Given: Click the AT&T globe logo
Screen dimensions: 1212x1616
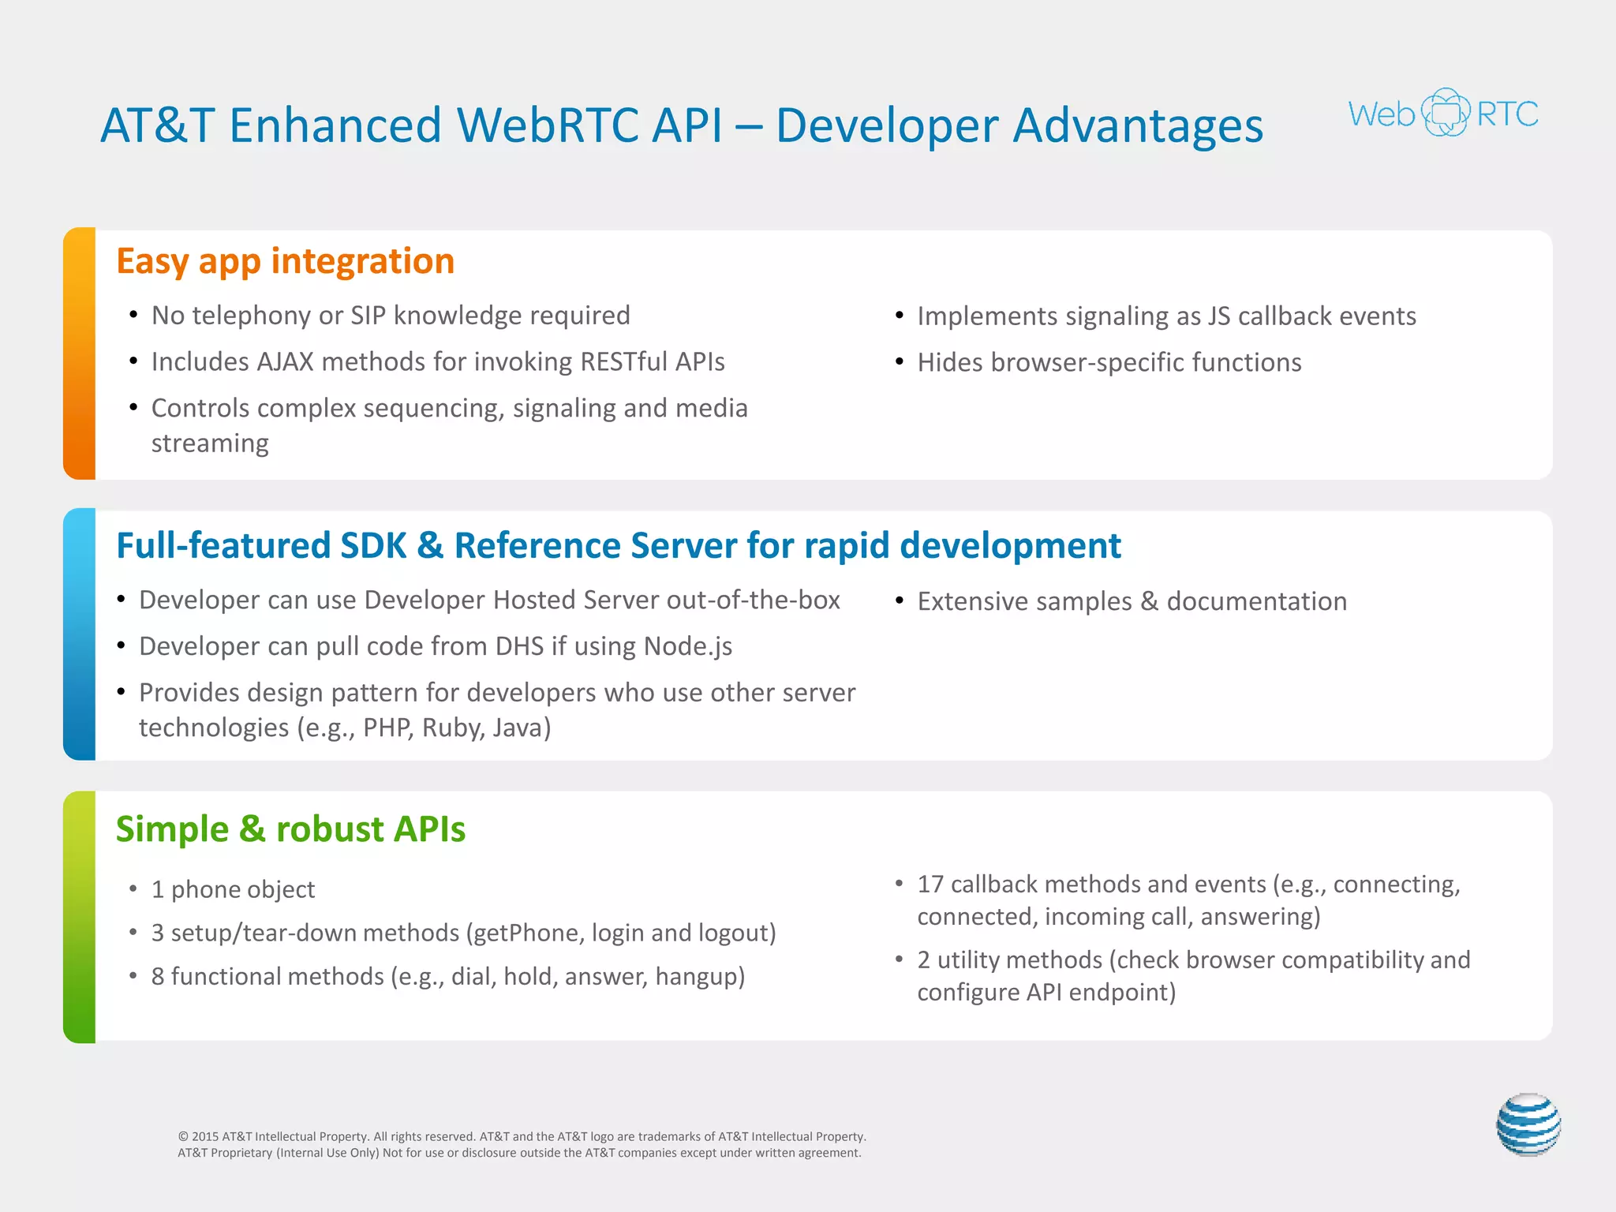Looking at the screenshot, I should click(1528, 1124).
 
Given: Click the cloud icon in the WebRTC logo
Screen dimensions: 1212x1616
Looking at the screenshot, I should click(1446, 113).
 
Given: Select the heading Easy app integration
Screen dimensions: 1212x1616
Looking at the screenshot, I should click(285, 261).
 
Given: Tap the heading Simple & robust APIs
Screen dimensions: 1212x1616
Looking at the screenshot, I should click(290, 829).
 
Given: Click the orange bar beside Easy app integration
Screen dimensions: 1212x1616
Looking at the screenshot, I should click(80, 353).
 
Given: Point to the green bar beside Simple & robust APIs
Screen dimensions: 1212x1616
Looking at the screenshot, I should click(80, 917).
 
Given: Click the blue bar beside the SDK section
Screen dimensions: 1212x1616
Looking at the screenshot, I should click(80, 634).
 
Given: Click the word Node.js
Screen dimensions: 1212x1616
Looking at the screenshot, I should click(688, 646).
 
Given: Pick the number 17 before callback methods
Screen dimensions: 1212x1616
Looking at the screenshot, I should click(930, 885).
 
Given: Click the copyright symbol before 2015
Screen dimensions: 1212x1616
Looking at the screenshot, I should click(183, 1137).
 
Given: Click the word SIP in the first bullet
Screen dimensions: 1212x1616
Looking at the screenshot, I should click(368, 316).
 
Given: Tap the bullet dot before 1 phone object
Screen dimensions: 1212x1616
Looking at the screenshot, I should click(133, 889).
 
